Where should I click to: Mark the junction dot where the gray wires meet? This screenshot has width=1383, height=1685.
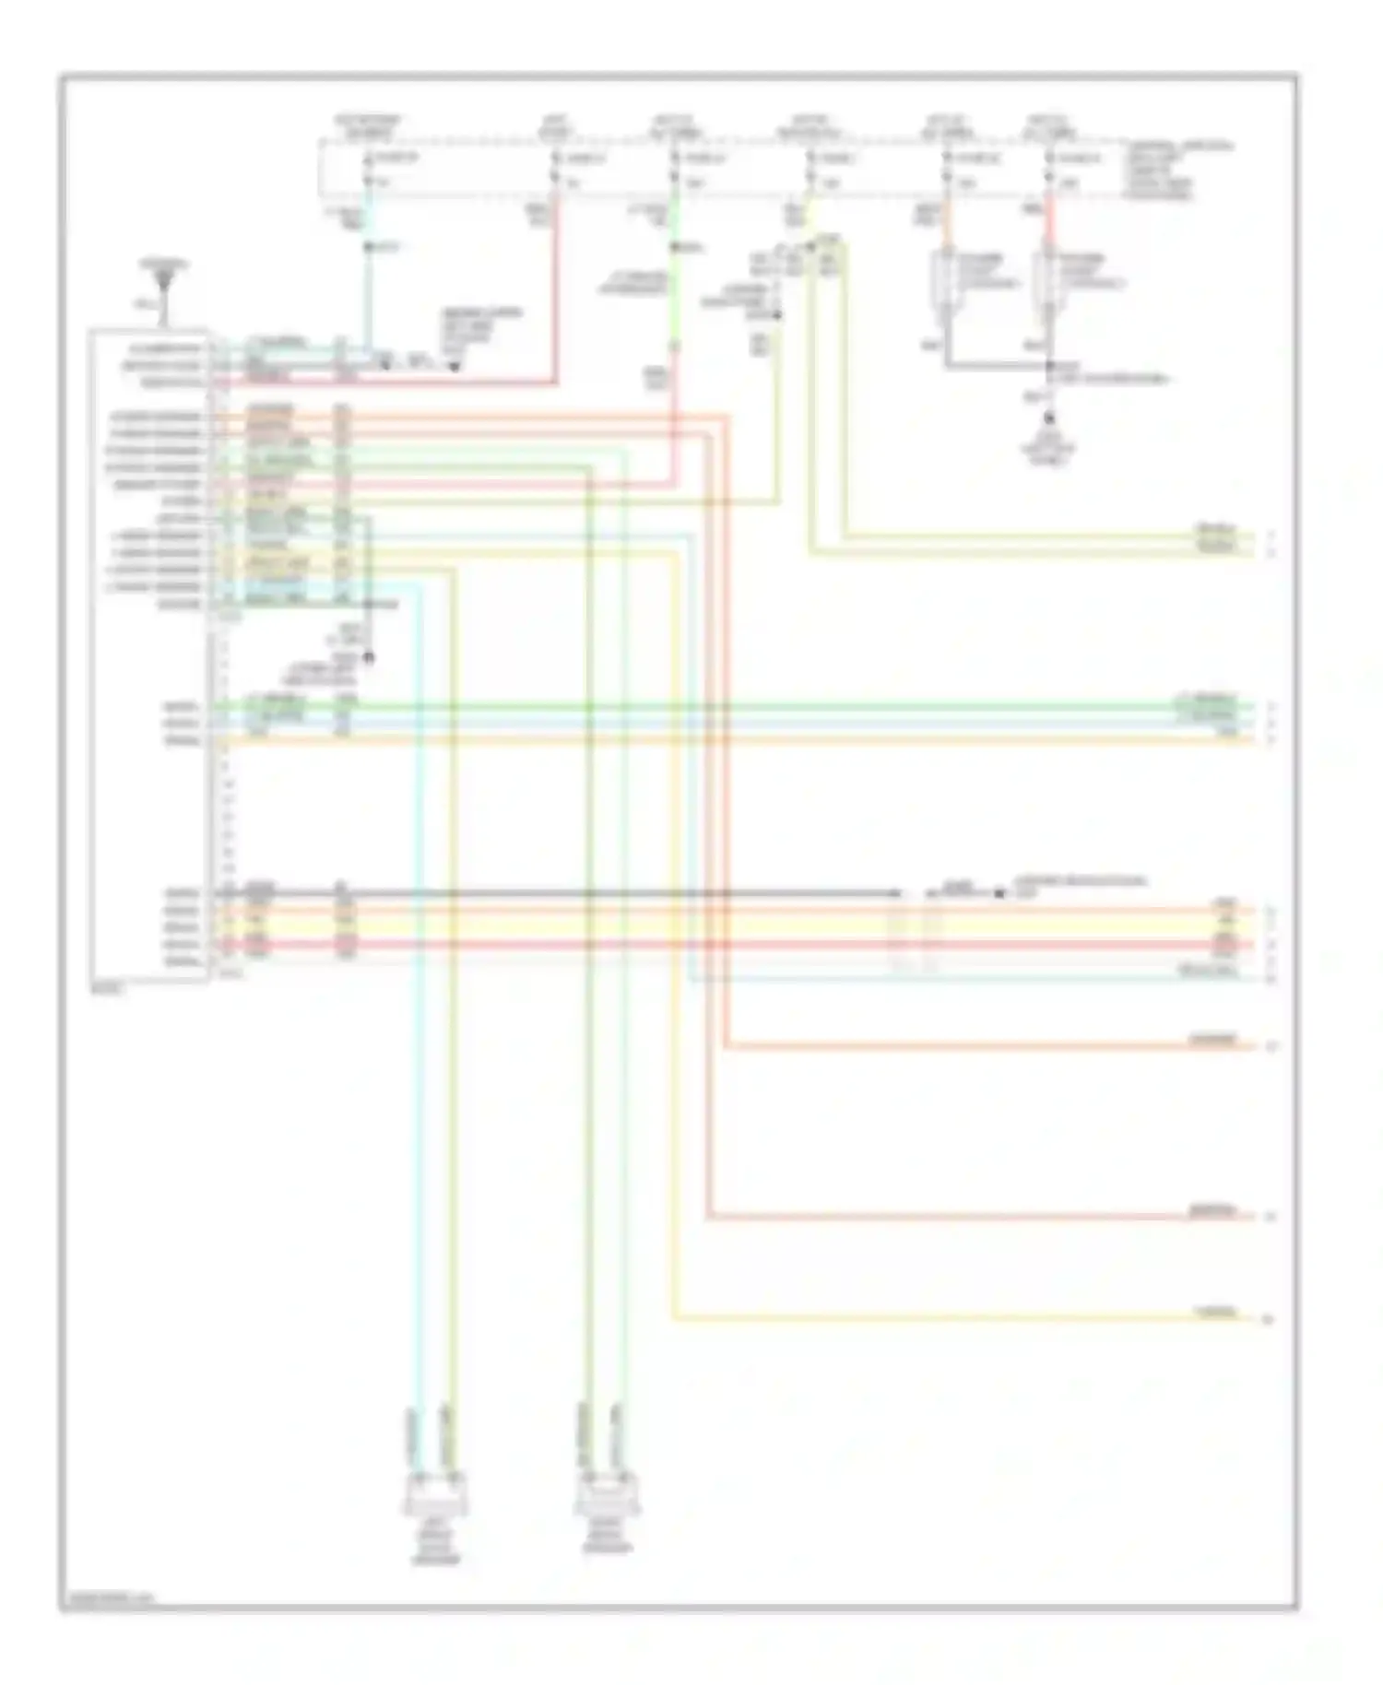1048,366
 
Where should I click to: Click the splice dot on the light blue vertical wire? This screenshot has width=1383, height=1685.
368,247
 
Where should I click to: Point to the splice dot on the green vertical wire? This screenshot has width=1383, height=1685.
674,247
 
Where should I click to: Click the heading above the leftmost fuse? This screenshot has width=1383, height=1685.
368,126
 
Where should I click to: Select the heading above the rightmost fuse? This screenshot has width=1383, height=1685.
1048,126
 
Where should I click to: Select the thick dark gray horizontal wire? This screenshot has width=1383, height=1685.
553,893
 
